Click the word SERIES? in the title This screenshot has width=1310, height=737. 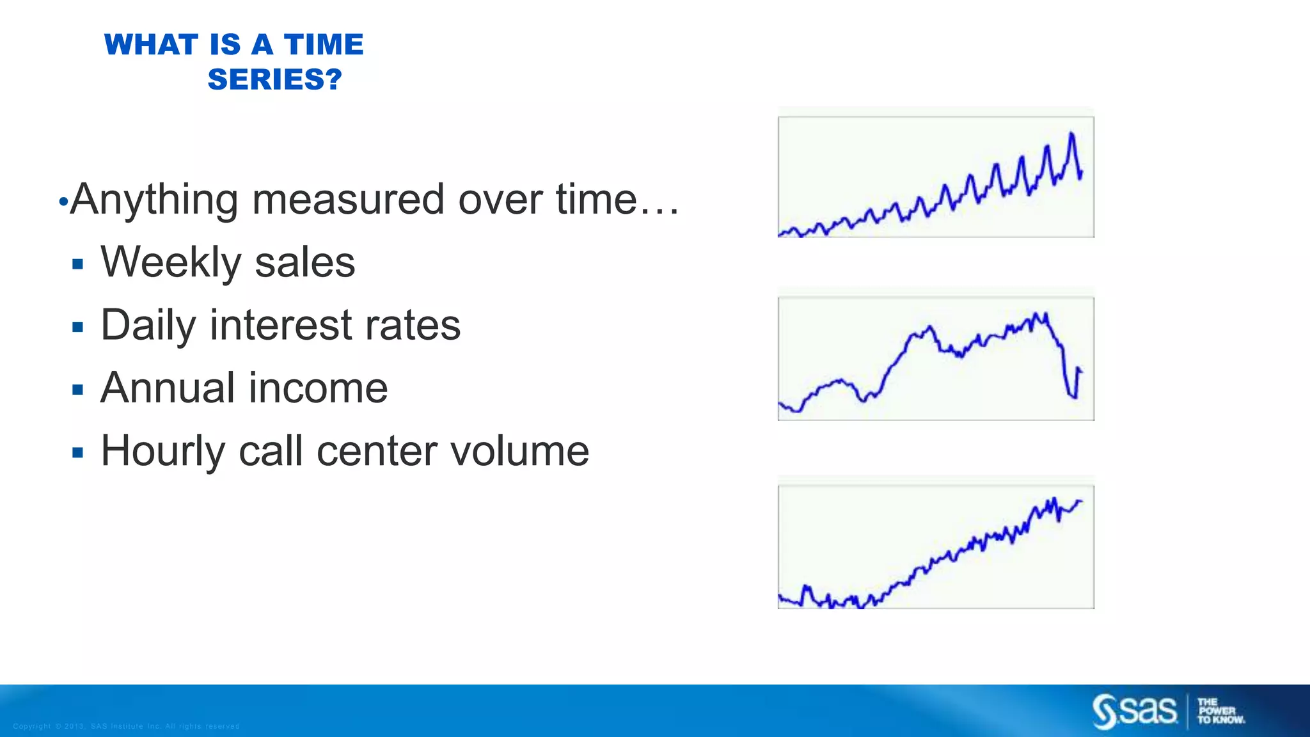[x=275, y=80]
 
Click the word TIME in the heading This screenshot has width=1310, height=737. [x=324, y=45]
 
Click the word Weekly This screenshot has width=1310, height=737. [x=171, y=262]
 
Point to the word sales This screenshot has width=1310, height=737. [x=304, y=262]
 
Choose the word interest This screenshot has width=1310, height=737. [x=281, y=325]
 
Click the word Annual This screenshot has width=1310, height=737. [x=168, y=388]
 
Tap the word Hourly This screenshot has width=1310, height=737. [x=163, y=451]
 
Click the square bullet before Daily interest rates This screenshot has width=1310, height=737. [x=78, y=328]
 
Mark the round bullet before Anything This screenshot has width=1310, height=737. [x=63, y=203]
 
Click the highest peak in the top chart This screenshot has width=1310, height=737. [x=1071, y=134]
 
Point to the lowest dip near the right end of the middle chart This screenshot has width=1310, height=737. [x=1075, y=397]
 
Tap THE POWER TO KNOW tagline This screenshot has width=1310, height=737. [x=1220, y=711]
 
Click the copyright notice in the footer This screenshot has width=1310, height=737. [x=126, y=726]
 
